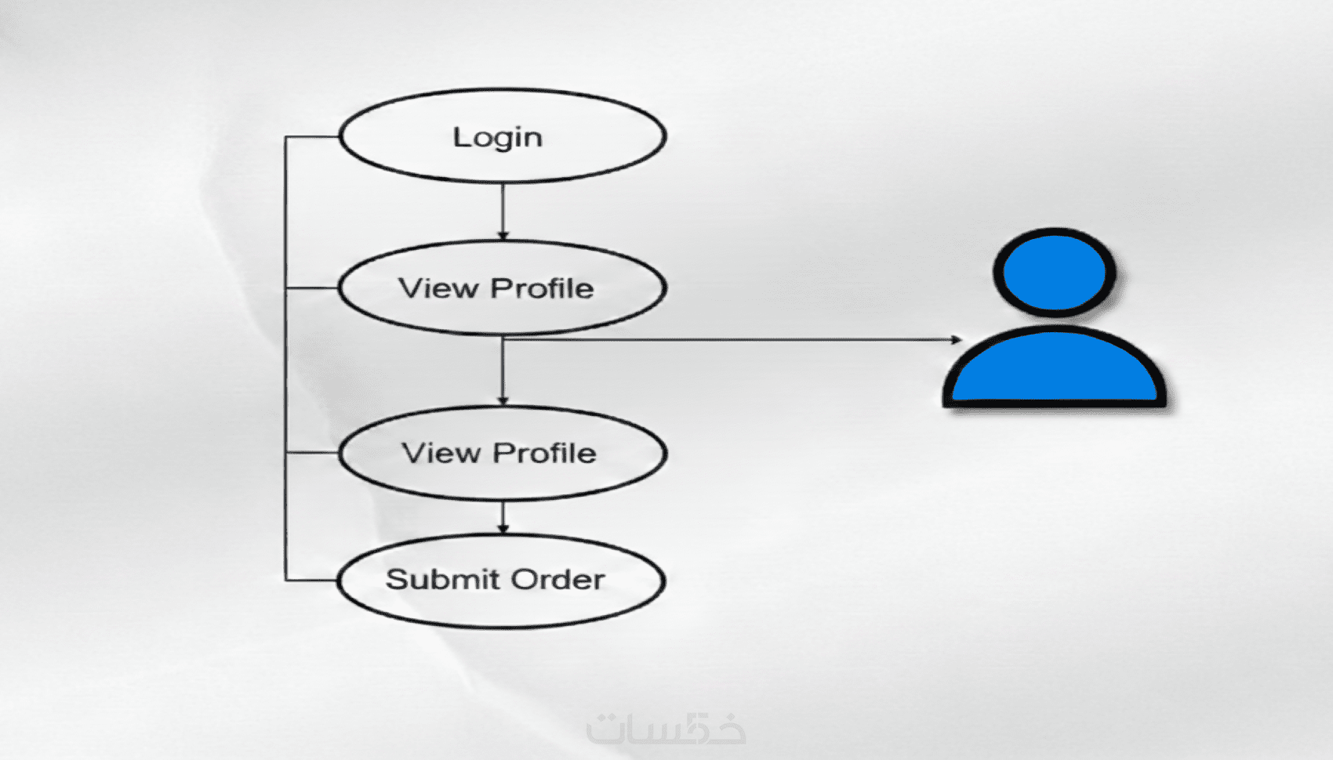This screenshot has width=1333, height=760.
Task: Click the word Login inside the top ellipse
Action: click(x=497, y=138)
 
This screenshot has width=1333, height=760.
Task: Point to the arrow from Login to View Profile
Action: click(x=503, y=210)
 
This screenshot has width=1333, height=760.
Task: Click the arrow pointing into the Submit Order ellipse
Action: click(x=503, y=517)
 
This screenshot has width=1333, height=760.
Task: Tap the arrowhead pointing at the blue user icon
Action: click(x=956, y=339)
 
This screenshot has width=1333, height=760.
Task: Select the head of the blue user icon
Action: click(x=1055, y=273)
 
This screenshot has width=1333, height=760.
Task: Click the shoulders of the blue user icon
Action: click(x=1055, y=368)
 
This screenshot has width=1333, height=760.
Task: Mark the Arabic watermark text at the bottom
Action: click(x=666, y=729)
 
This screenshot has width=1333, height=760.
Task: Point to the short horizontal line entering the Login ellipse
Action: click(x=312, y=137)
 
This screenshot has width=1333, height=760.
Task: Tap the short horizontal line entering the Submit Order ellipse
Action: click(x=312, y=581)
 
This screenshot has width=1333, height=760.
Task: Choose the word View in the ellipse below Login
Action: click(x=438, y=289)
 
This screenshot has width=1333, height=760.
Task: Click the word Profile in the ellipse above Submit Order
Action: click(x=544, y=454)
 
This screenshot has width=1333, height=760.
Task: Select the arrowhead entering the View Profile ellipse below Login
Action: click(x=503, y=235)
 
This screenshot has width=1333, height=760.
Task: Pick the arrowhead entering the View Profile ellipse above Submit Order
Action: click(x=503, y=400)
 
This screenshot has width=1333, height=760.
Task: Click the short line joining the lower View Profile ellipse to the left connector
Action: click(x=312, y=453)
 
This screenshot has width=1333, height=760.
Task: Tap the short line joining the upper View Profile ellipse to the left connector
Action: click(x=312, y=288)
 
